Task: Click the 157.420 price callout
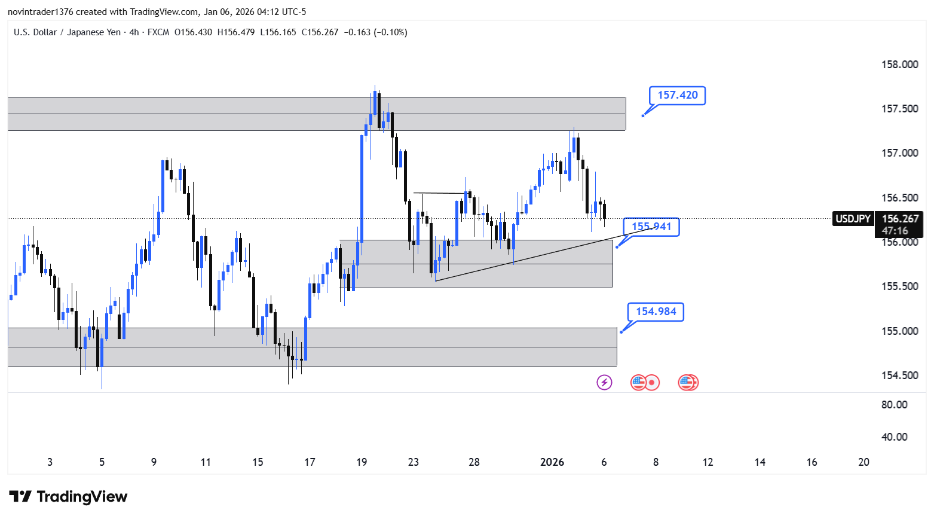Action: coord(677,95)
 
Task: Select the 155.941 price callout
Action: coord(651,227)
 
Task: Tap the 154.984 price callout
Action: coord(656,312)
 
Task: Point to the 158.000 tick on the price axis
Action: coord(899,65)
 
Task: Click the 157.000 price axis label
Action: coord(899,153)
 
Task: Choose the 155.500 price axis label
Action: coord(899,286)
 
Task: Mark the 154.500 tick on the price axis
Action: coord(899,375)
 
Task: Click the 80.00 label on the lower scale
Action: coord(894,405)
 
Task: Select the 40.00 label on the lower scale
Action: coord(894,437)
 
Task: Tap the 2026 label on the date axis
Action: coord(552,462)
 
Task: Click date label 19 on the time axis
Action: coord(362,462)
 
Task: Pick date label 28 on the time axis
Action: coord(474,462)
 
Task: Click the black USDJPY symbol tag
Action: coord(853,219)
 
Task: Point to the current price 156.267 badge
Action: coord(900,219)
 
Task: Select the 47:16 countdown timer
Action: coord(895,231)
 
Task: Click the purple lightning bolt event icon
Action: coord(604,382)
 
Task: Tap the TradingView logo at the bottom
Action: coord(68,497)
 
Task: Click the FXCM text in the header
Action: coord(158,32)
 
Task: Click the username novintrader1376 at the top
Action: coord(40,12)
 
